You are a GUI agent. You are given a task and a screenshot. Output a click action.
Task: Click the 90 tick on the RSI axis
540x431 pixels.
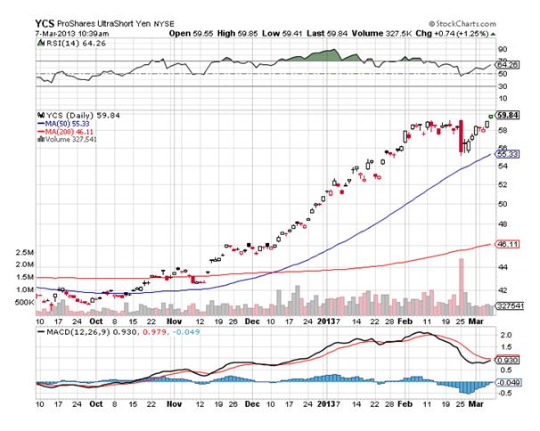503,49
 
